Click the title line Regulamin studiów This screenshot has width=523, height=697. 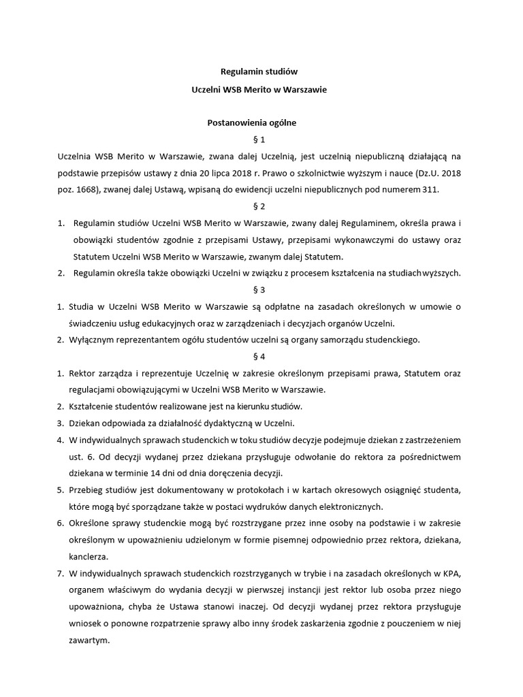(x=261, y=71)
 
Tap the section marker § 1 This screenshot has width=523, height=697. (x=261, y=140)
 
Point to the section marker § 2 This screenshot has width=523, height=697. (x=261, y=206)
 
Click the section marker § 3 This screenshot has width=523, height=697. (x=261, y=289)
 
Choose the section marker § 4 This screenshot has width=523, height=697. (x=261, y=356)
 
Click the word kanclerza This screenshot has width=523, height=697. (x=91, y=556)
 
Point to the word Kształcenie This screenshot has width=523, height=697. (x=94, y=406)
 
